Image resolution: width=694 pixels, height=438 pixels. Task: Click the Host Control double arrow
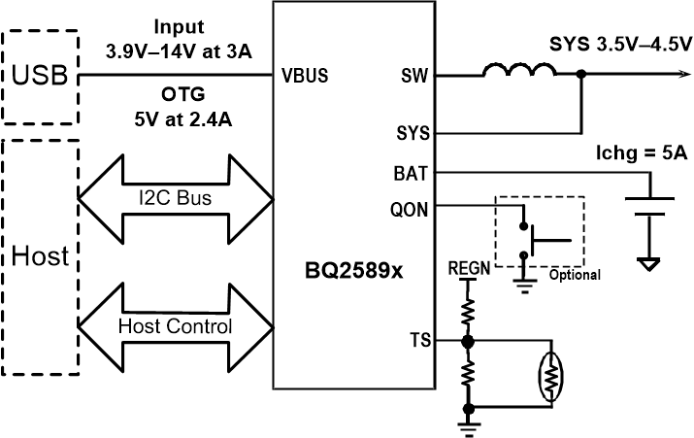coord(175,326)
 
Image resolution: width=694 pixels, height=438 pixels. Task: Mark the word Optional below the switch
coord(575,275)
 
